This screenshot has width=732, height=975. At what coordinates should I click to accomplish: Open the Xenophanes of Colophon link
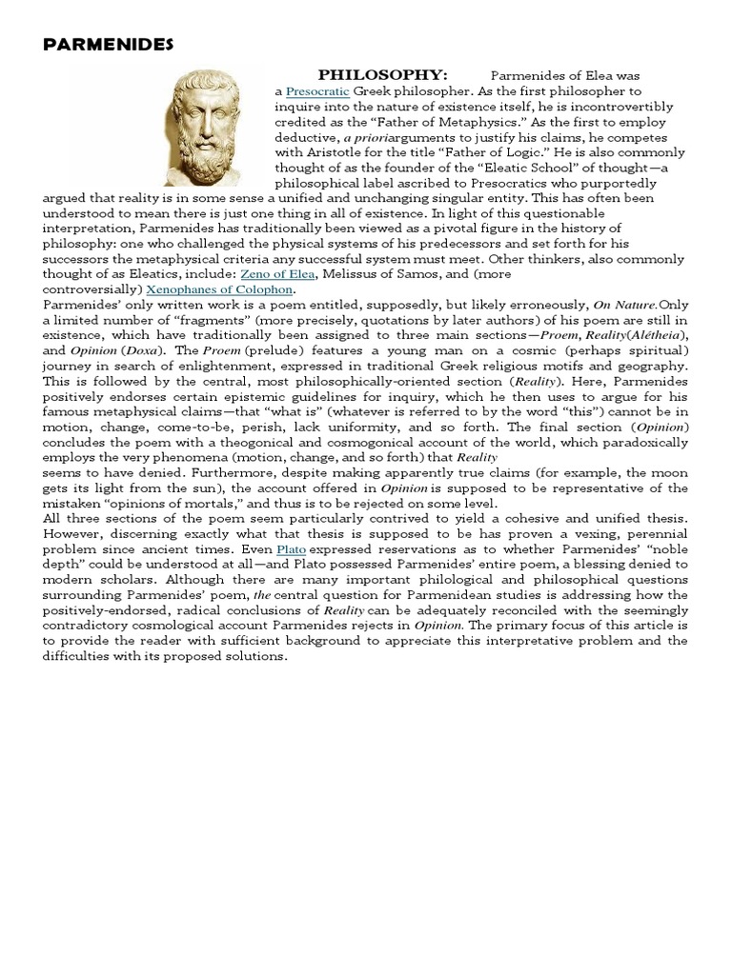[220, 289]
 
